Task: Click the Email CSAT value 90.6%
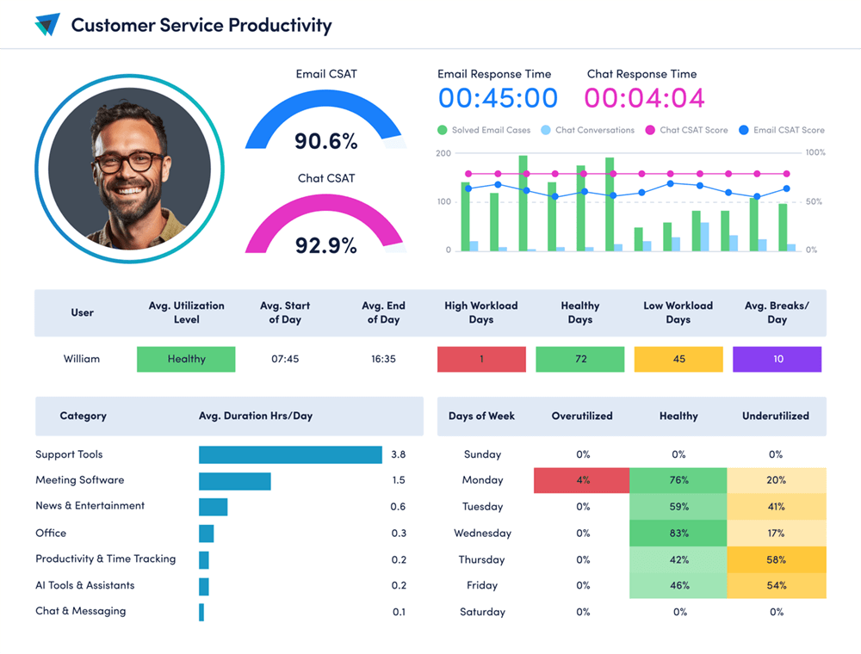[x=325, y=140]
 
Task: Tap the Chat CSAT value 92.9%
[x=325, y=245]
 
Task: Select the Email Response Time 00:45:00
[x=498, y=98]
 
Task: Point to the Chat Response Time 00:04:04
[x=645, y=98]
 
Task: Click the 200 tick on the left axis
[x=443, y=153]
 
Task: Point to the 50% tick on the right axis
[x=814, y=202]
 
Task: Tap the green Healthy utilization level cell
[x=186, y=359]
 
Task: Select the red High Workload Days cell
[x=481, y=359]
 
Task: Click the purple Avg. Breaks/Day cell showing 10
[x=777, y=359]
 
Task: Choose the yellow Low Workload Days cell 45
[x=678, y=359]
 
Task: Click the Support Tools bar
[x=290, y=454]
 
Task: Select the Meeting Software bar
[x=235, y=481]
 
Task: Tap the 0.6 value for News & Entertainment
[x=398, y=507]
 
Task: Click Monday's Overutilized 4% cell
[x=582, y=480]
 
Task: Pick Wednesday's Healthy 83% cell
[x=678, y=534]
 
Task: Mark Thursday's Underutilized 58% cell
[x=776, y=560]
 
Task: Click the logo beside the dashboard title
[x=47, y=25]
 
